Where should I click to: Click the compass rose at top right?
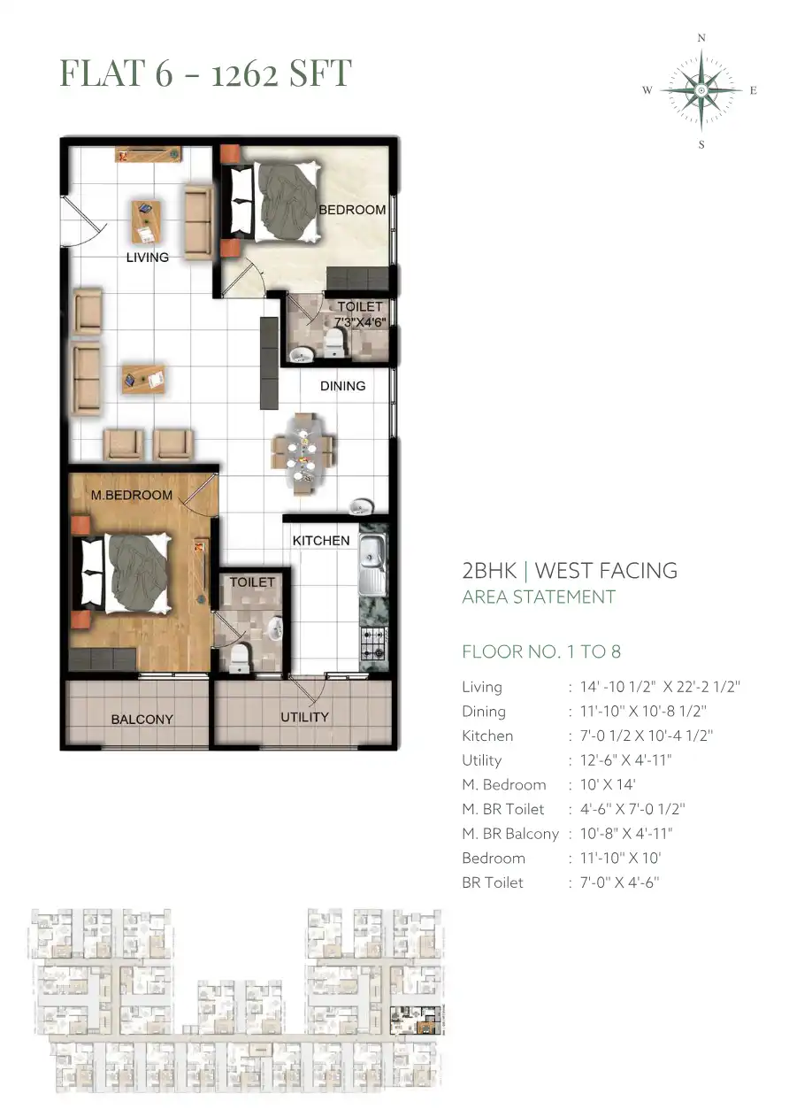click(x=701, y=91)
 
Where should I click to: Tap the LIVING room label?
click(x=147, y=258)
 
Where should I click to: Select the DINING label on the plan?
click(x=342, y=386)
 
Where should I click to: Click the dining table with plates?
click(x=302, y=453)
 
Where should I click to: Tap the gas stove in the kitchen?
click(x=374, y=643)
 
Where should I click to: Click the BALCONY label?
click(x=142, y=719)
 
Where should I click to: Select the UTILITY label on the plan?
click(x=304, y=717)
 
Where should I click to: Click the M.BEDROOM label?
click(x=132, y=495)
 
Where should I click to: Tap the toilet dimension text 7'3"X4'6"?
click(x=360, y=322)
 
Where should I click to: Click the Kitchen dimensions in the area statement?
click(x=646, y=736)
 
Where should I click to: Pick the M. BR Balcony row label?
click(x=509, y=833)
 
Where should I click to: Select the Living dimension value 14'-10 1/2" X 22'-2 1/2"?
click(x=660, y=687)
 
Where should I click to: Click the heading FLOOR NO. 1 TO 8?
click(x=541, y=651)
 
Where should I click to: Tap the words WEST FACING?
click(x=606, y=571)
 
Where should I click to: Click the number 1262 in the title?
click(x=244, y=73)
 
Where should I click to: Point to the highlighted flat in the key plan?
click(x=417, y=1021)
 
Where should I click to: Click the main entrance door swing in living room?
click(x=83, y=220)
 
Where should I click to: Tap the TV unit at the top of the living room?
click(x=148, y=154)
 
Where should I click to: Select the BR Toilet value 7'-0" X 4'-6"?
click(x=619, y=882)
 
